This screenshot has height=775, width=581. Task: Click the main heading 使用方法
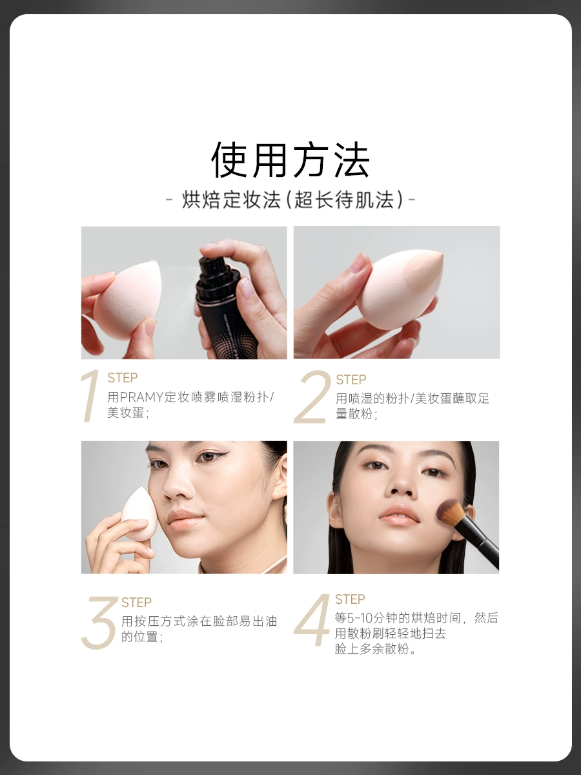pos(290,160)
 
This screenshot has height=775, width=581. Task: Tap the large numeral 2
pos(312,397)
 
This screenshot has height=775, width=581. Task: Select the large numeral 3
pos(99,623)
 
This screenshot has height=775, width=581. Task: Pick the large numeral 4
pos(312,619)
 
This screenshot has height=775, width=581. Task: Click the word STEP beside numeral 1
pos(123,378)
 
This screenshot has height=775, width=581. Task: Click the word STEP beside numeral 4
pos(350,599)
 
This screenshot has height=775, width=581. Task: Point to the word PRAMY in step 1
pos(141,397)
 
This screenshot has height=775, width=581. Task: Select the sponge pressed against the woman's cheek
pos(136,511)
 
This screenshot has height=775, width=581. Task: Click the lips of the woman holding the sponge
pos(185,517)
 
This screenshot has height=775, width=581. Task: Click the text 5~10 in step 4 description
pos(360,618)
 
